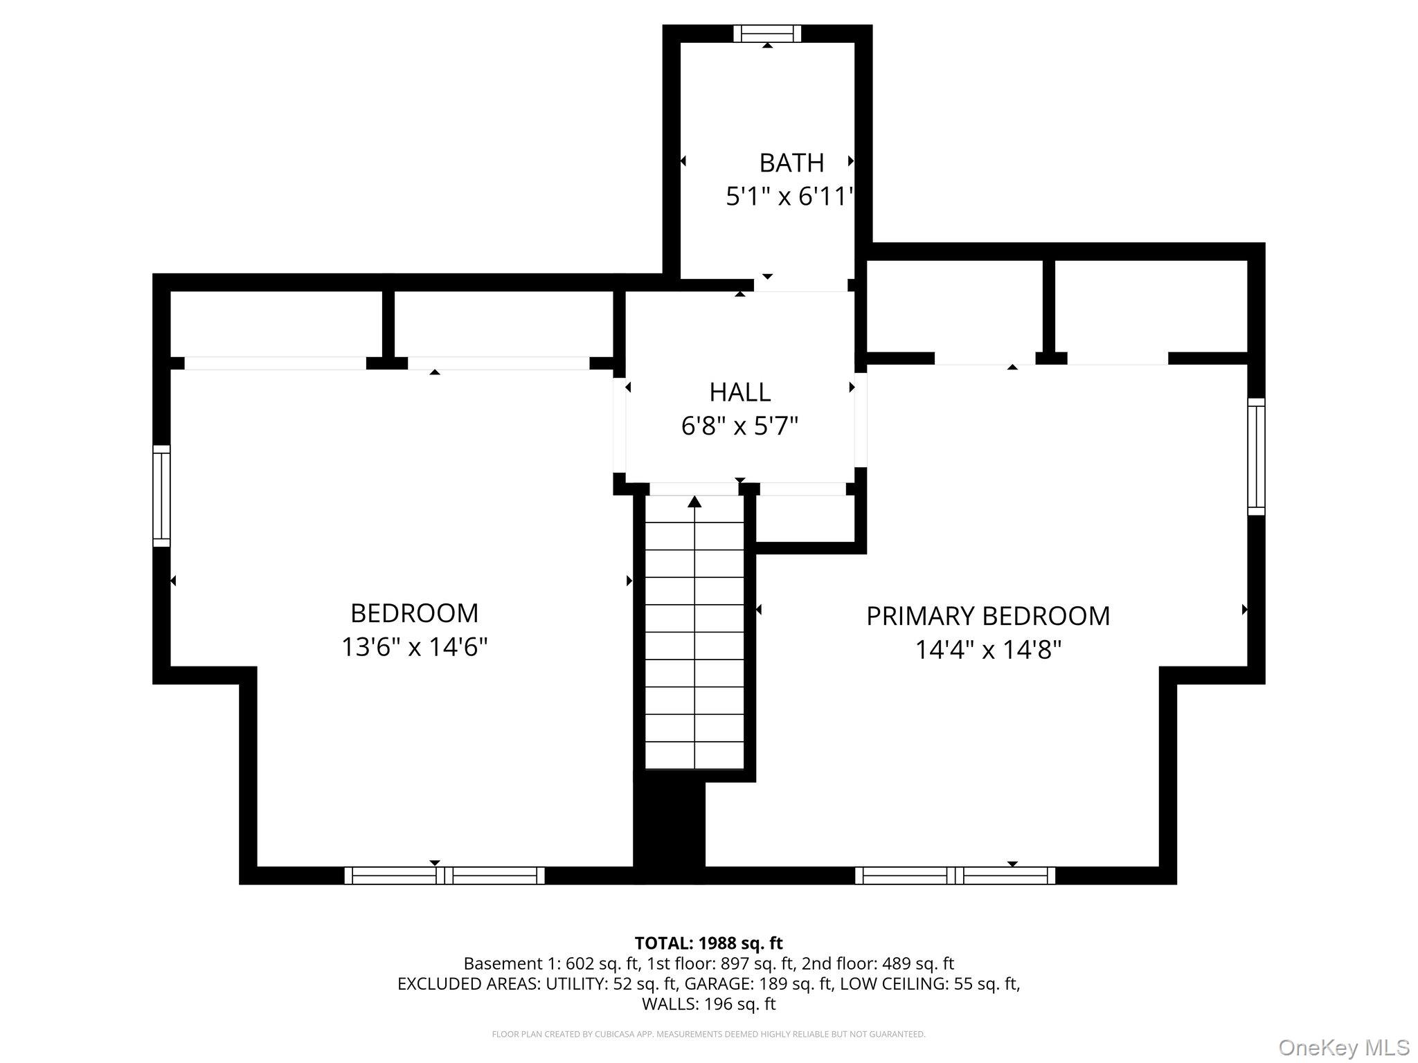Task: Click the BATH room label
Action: pyautogui.click(x=791, y=163)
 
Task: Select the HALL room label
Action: pyautogui.click(x=739, y=392)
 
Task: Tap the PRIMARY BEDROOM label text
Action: pyautogui.click(x=988, y=616)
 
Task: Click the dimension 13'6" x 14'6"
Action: pyautogui.click(x=414, y=648)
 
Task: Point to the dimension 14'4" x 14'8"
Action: pyautogui.click(x=988, y=651)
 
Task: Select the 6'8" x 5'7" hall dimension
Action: pyautogui.click(x=739, y=426)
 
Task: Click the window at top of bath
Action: pyautogui.click(x=766, y=33)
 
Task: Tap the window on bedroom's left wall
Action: pyautogui.click(x=161, y=496)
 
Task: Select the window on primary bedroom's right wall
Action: pyautogui.click(x=1256, y=457)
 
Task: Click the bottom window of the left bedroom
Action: pyautogui.click(x=445, y=875)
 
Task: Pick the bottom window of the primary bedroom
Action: pyautogui.click(x=955, y=875)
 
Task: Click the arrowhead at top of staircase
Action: pyautogui.click(x=694, y=501)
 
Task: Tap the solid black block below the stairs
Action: pyautogui.click(x=670, y=827)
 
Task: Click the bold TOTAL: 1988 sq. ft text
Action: pyautogui.click(x=708, y=943)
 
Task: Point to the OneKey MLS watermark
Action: pyautogui.click(x=1343, y=1047)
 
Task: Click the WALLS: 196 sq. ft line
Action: pyautogui.click(x=708, y=1003)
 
